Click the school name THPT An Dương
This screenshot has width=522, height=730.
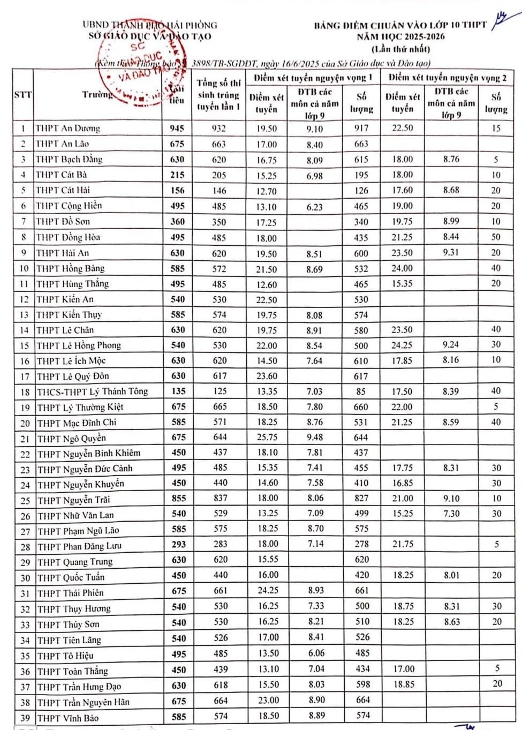67,128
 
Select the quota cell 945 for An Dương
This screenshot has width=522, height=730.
177,128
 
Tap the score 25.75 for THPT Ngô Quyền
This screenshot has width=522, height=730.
267,438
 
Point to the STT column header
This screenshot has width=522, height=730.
22,95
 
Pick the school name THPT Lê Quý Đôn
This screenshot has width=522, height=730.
73,376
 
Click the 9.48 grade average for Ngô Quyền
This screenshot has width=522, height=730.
315,438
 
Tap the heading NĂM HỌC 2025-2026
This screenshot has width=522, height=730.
401,36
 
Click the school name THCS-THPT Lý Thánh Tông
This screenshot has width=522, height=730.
92,392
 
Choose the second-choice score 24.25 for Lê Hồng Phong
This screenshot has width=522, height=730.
402,345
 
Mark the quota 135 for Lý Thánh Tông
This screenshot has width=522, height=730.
178,391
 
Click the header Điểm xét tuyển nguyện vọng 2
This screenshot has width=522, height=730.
447,78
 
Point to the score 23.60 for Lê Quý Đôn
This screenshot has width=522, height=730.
267,376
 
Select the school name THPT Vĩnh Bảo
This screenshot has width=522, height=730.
68,718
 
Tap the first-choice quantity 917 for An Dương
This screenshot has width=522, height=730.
361,128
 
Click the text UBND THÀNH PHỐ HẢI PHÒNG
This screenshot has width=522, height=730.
150,25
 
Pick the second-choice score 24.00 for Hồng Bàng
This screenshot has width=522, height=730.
402,268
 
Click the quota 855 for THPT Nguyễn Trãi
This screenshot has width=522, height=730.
178,498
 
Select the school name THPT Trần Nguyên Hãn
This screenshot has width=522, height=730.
84,702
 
